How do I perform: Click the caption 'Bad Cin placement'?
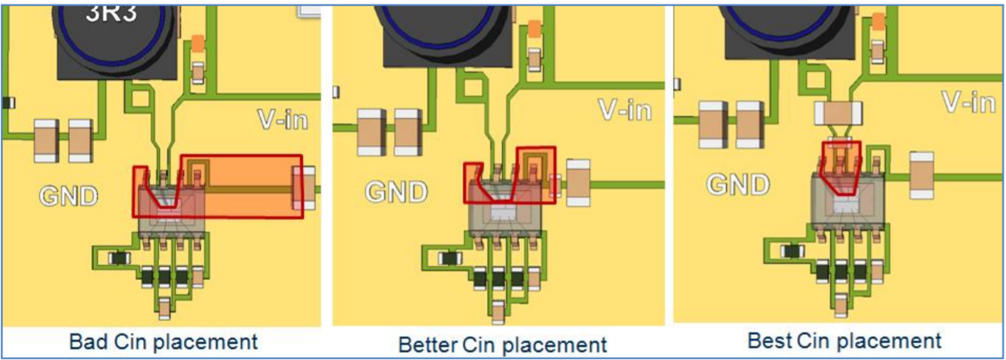pos(163,342)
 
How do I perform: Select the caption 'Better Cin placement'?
pos(502,344)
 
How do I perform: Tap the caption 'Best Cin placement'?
pos(844,340)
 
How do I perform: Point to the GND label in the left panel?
pos(68,196)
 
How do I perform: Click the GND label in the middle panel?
pos(397,192)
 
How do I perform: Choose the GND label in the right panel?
pos(738,184)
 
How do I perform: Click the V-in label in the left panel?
pos(283,119)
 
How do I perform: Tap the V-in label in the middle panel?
pos(625,110)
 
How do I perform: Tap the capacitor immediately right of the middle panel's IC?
pos(579,183)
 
